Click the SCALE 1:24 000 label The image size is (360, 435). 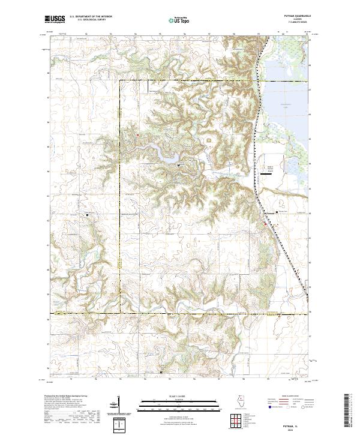(x=180, y=397)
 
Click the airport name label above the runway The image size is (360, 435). (x=269, y=168)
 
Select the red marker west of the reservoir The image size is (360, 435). (x=137, y=135)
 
